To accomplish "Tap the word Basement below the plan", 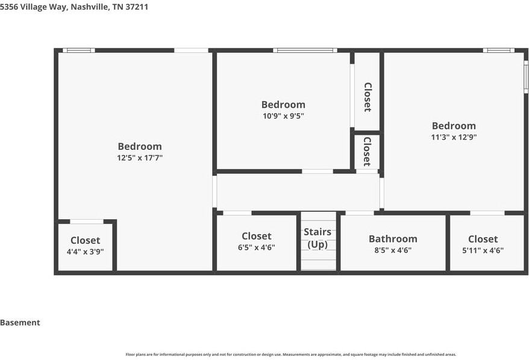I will point(20,323).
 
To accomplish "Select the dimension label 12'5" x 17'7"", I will point(140,158).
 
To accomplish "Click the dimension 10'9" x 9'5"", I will point(283,116).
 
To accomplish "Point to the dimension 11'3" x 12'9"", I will point(454,137).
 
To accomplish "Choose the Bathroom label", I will point(393,239).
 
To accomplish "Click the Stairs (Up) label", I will point(318,238).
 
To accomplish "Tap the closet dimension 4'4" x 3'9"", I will point(85,252).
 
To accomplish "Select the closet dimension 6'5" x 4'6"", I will point(257,247).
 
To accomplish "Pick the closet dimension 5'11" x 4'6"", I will point(483,250).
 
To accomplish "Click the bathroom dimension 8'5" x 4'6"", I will point(393,250).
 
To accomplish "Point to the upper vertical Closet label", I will point(367,97).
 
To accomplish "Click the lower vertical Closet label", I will point(366,152).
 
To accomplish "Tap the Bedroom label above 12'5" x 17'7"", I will point(140,146).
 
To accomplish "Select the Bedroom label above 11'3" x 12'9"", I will point(454,126).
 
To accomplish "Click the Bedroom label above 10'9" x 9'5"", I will point(283,105).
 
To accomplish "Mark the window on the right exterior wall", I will point(526,76).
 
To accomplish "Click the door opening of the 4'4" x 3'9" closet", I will point(86,222).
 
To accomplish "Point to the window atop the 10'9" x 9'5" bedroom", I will point(304,51).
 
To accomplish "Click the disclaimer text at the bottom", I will point(290,355).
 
